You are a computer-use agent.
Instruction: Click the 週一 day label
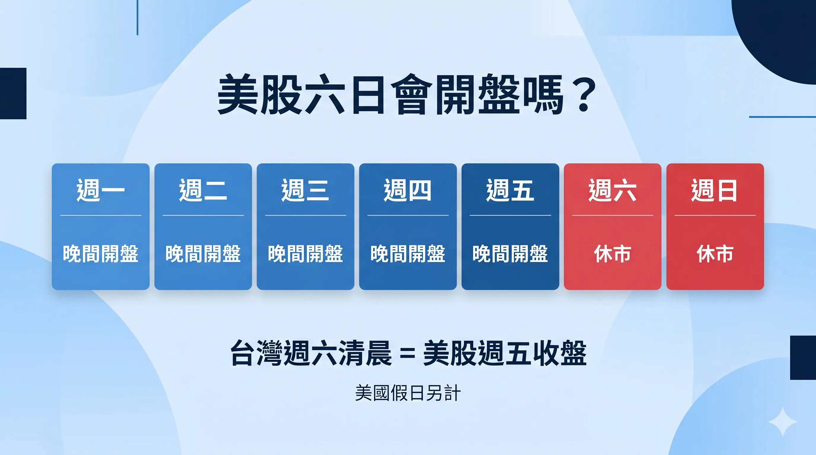point(101,190)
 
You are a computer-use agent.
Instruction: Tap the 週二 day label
point(203,190)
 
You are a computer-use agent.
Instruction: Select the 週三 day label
point(305,190)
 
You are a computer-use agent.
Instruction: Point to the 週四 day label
point(408,190)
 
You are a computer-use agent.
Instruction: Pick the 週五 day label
point(510,190)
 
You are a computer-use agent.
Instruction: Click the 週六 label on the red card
point(613,190)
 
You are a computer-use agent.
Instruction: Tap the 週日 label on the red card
point(715,190)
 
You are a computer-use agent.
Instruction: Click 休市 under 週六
point(613,254)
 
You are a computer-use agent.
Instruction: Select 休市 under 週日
point(715,254)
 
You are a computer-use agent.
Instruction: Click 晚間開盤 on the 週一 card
point(101,254)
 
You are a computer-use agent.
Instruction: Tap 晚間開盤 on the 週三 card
point(305,254)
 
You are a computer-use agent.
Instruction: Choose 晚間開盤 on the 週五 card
point(510,254)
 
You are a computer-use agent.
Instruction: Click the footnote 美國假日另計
point(408,393)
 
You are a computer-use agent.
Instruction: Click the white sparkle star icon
point(783,422)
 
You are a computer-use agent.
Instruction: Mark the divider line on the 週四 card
point(408,215)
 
